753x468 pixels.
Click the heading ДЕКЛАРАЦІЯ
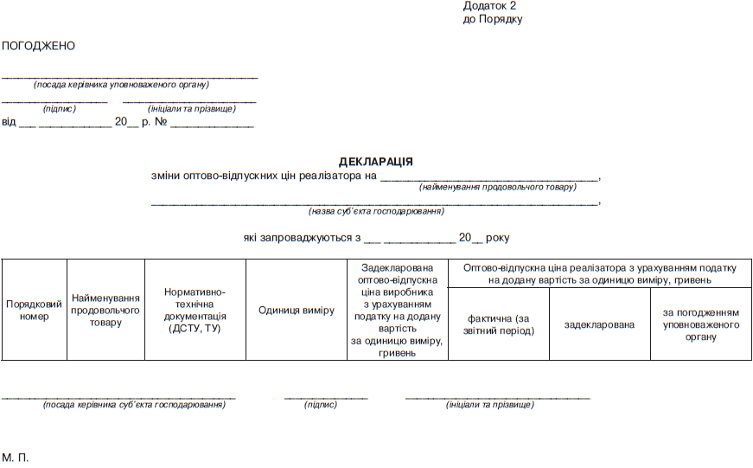tap(375, 162)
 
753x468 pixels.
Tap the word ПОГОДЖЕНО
tap(39, 46)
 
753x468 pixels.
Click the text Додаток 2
tap(489, 6)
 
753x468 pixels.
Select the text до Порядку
tap(493, 19)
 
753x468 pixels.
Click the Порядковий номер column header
tap(34, 311)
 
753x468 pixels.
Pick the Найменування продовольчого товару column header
tap(105, 310)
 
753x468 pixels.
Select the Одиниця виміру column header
tap(296, 311)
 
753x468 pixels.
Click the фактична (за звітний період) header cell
tap(498, 324)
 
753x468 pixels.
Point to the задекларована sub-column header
tap(599, 324)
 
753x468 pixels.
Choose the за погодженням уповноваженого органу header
tap(700, 324)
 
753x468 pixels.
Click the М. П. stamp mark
tap(16, 456)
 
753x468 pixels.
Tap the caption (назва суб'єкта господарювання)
tap(376, 211)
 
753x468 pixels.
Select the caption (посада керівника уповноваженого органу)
tap(121, 85)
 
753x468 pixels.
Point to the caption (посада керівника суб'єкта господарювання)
tap(134, 405)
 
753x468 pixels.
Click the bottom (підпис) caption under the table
tap(321, 405)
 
